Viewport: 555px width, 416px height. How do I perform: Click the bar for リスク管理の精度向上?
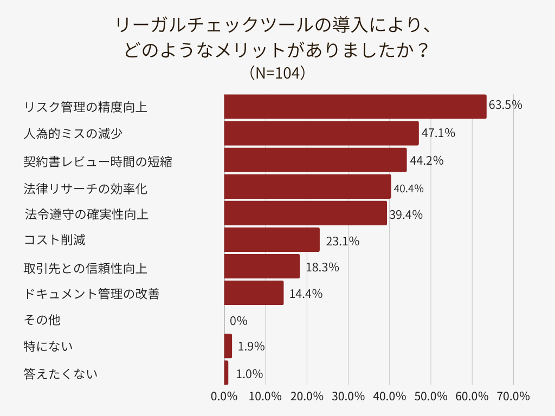click(x=355, y=106)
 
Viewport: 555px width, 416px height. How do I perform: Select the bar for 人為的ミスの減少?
click(x=321, y=133)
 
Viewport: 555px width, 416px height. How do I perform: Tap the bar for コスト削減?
click(x=272, y=240)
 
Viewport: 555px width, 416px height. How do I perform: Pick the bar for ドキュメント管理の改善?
click(x=254, y=293)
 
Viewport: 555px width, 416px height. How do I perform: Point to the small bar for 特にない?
click(x=228, y=346)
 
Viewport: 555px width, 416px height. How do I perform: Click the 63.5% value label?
click(x=505, y=105)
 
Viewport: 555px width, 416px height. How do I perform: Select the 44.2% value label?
click(x=427, y=160)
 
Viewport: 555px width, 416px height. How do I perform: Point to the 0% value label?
click(x=238, y=321)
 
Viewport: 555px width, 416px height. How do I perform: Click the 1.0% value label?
click(x=249, y=374)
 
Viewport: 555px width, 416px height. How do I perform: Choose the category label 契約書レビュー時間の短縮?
click(x=98, y=161)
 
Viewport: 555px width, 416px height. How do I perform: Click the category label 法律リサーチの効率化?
click(x=86, y=188)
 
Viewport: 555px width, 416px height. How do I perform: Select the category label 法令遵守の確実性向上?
click(x=87, y=214)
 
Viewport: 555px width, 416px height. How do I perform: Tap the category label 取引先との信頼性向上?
click(x=86, y=268)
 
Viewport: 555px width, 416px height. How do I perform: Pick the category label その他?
click(x=42, y=320)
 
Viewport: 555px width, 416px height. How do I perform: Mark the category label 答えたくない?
click(x=61, y=373)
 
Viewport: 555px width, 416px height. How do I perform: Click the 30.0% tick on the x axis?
click(x=348, y=396)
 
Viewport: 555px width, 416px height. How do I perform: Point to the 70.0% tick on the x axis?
click(x=513, y=396)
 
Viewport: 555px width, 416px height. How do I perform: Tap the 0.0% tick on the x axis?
click(x=224, y=396)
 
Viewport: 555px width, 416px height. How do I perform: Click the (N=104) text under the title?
click(x=277, y=73)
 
